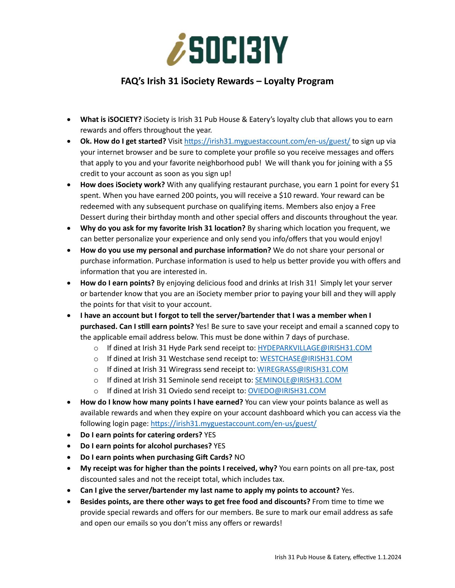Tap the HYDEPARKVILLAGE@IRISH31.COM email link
point(315,348)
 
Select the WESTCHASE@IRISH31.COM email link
point(306,359)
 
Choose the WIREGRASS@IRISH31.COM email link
point(302,369)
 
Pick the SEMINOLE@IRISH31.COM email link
point(298,380)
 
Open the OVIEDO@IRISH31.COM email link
point(287,391)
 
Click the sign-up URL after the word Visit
point(267,141)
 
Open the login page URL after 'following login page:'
point(234,424)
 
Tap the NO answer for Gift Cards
point(239,457)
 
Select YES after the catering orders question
point(210,435)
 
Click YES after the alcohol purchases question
point(219,446)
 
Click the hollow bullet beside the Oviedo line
point(96,391)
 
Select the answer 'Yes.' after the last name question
point(348,490)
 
